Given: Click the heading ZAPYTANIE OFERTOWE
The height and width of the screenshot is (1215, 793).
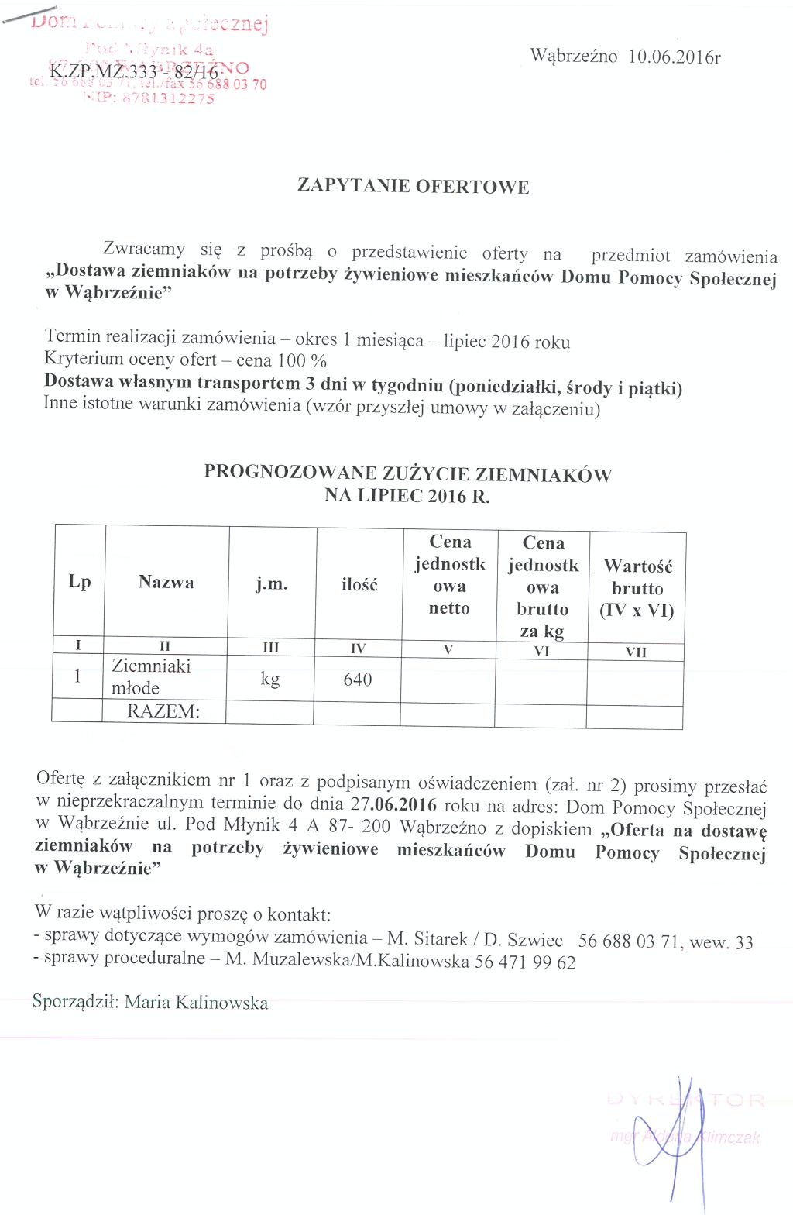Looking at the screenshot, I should pos(414,187).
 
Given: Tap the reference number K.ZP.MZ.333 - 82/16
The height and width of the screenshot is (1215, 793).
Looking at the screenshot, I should pos(134,73).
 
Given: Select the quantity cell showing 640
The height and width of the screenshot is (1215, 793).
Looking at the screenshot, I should pos(358,680).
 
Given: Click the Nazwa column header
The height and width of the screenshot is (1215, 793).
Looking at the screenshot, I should pos(166,582).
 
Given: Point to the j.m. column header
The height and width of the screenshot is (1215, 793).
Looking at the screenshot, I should pos(272,583).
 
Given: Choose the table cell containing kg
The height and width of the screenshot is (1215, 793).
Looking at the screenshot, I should pos(270,680).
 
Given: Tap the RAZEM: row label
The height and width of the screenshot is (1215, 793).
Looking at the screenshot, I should pos(163,711).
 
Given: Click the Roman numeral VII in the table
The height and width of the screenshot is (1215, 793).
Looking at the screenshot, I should pos(636,652).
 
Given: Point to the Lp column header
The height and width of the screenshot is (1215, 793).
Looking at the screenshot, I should pos(79,582).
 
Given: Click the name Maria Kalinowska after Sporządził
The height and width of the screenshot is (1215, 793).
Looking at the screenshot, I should pos(196,1003).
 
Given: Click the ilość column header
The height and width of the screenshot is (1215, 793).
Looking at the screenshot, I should pos(359,584).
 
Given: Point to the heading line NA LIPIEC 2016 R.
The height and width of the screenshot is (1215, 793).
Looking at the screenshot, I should pos(407,496).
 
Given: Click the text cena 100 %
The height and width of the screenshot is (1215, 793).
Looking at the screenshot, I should pos(292,360).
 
